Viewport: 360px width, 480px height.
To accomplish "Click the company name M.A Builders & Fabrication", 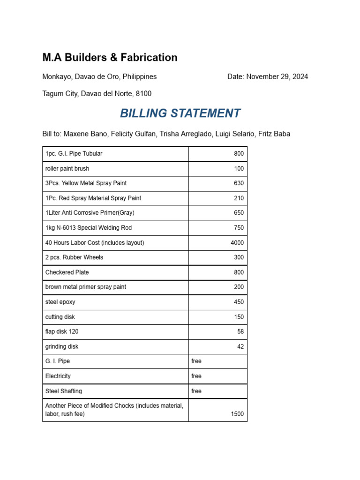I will [x=110, y=58].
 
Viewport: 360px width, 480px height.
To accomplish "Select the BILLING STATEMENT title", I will [x=180, y=113].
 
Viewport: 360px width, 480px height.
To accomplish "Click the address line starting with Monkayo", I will [x=99, y=77].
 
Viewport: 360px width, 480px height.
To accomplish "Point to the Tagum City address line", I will [x=97, y=94].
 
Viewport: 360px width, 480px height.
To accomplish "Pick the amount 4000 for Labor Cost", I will [x=237, y=243].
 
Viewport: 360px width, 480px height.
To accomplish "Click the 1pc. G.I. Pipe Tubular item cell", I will [x=74, y=154].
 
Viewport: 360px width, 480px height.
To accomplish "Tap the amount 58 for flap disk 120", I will [x=240, y=332].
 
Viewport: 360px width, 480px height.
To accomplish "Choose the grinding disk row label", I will [x=62, y=347].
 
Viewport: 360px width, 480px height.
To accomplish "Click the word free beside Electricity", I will [x=196, y=376].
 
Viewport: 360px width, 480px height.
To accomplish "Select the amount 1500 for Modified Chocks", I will [x=237, y=414].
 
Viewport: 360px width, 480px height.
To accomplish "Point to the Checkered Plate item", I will [x=67, y=272].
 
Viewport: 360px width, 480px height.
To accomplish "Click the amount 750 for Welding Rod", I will [x=239, y=228].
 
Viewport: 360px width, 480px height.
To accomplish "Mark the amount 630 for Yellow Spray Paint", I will [x=239, y=183].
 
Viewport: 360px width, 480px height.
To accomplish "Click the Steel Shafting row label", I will [x=64, y=391].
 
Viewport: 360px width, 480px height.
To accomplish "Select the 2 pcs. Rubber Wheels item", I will [x=74, y=257].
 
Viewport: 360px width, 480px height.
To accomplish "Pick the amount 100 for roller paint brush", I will [x=239, y=169].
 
